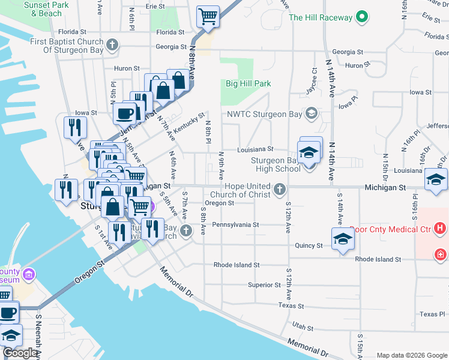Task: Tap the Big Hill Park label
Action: pos(248,84)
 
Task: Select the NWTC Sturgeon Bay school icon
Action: pos(311,113)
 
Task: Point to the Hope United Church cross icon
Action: pos(279,190)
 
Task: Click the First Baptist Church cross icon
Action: pos(112,44)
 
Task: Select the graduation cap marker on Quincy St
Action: pos(343,239)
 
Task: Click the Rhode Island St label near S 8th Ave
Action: pos(237,265)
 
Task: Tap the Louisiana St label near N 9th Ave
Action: pos(255,149)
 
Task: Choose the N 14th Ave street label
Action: pos(331,78)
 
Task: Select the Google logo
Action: pos(20,353)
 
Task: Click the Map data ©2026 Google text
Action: pos(412,355)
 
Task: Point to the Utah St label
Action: pos(303,328)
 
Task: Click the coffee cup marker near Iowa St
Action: pos(125,112)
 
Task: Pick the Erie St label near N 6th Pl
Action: pos(155,6)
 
